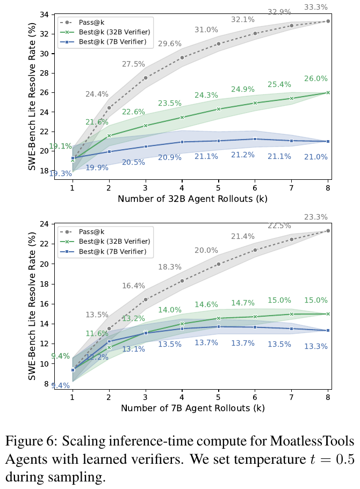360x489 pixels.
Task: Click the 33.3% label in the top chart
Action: coord(330,7)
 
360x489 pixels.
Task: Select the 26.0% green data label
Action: coord(331,78)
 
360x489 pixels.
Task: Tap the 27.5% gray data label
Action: coord(133,64)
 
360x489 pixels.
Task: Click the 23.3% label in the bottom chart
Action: coord(330,217)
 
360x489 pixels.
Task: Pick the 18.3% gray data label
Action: coord(169,267)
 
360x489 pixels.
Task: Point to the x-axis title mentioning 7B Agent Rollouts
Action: coord(193,408)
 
